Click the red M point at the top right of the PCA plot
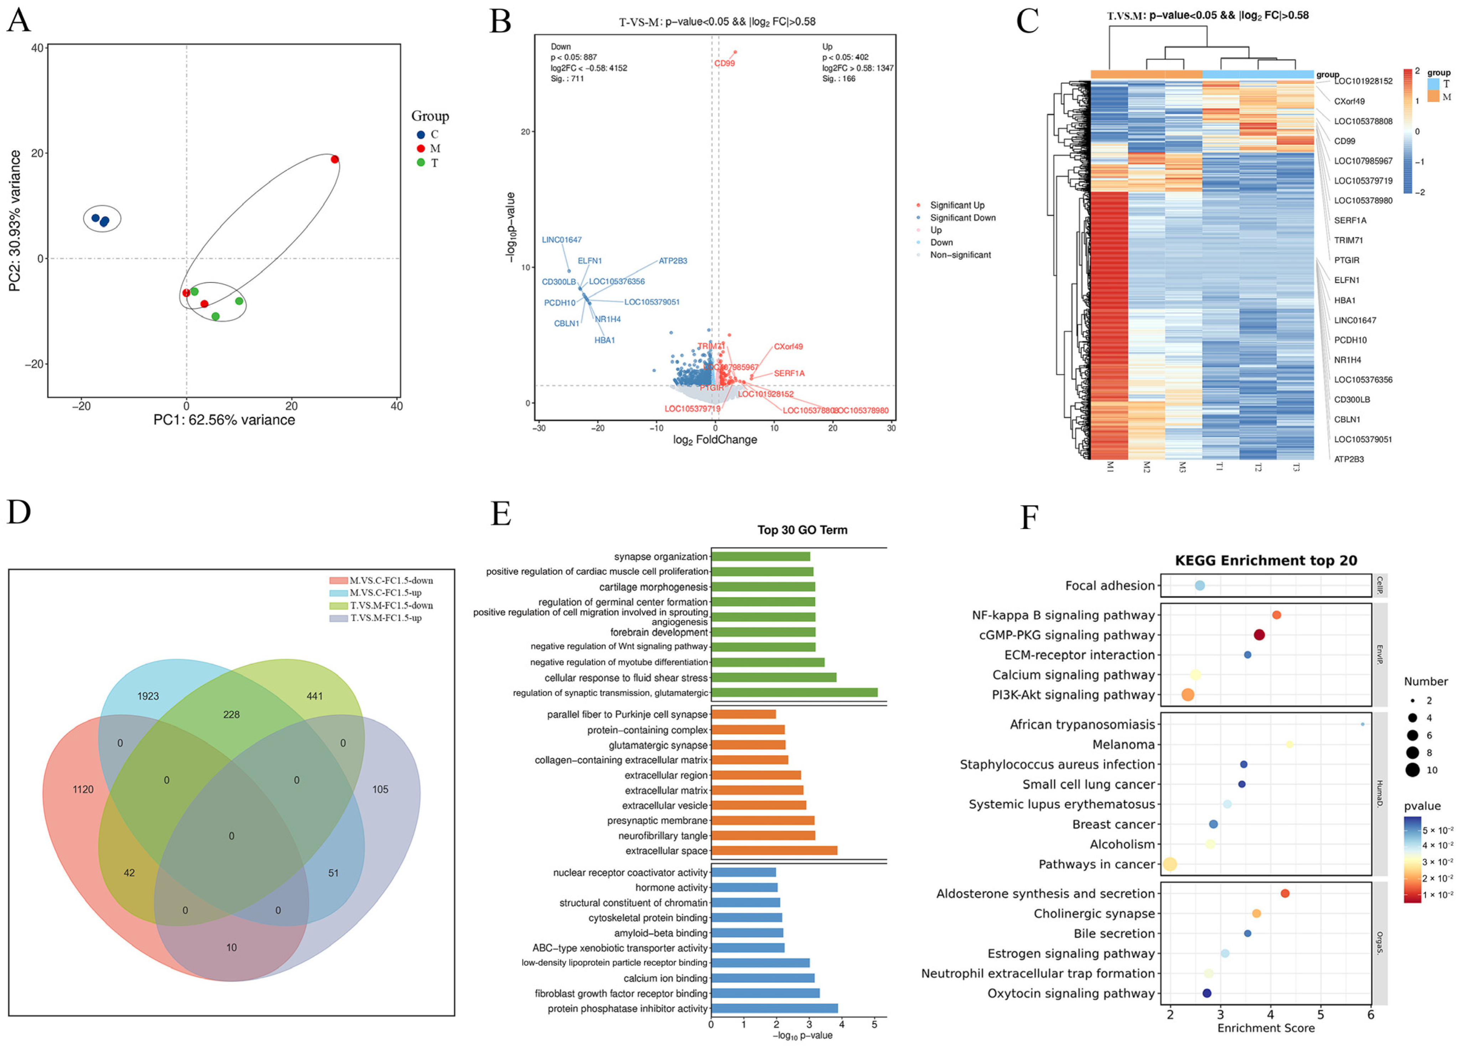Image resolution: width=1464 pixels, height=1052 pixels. [334, 159]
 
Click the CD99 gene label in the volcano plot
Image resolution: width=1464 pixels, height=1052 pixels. [724, 63]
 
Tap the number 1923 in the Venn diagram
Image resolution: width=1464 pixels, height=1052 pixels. [148, 696]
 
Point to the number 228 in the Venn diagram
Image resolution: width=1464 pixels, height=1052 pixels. [231, 715]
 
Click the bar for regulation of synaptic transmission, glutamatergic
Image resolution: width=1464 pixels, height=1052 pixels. [794, 693]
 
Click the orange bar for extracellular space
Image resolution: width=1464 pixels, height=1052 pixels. [774, 851]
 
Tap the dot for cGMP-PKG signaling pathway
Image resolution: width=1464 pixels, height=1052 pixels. [1259, 635]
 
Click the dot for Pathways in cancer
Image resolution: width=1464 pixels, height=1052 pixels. [1170, 864]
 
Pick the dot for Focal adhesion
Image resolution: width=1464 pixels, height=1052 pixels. [1199, 585]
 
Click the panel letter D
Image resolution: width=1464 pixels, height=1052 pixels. [19, 512]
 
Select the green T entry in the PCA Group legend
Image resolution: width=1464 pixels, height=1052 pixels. [428, 163]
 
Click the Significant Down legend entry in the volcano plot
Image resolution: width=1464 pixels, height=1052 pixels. [962, 218]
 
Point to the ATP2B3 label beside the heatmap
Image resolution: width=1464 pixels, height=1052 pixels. [1349, 459]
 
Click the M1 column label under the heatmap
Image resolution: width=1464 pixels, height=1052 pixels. [1110, 467]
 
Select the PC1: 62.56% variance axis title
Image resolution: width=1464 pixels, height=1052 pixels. [224, 420]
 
